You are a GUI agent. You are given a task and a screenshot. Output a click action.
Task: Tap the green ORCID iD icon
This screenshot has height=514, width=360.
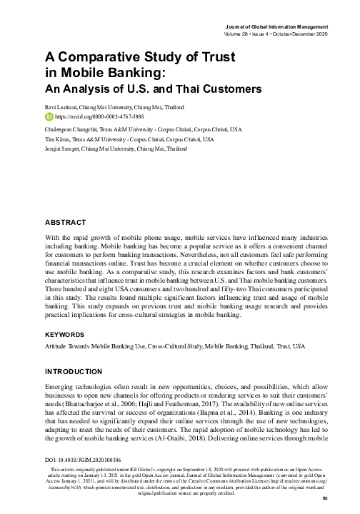pyautogui.click(x=48, y=115)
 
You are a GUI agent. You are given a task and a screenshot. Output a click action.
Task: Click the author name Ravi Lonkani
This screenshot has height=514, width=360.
pyautogui.click(x=64, y=106)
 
